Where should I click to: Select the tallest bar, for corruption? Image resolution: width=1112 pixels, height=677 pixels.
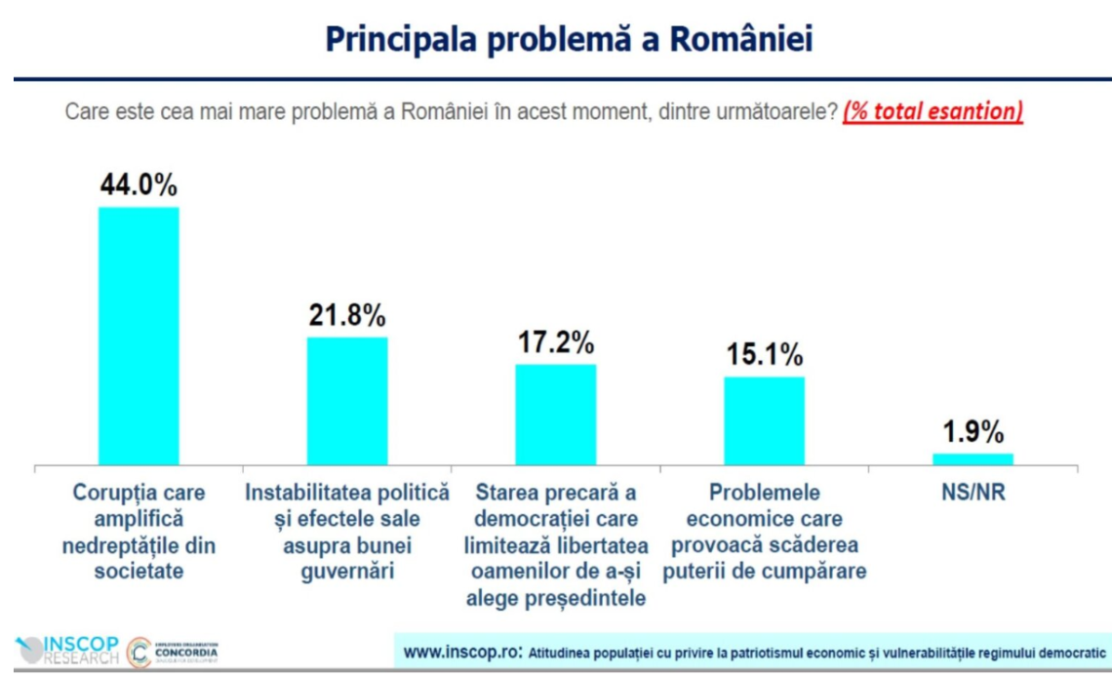[x=139, y=336]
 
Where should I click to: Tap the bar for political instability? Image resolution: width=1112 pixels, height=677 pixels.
[x=347, y=401]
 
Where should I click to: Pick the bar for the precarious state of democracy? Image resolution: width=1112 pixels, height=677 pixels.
[x=555, y=415]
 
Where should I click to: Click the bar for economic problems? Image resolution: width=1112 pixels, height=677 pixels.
[x=764, y=420]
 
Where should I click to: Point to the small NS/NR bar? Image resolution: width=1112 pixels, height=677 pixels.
[x=973, y=458]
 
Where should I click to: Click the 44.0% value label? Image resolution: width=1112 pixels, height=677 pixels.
[x=139, y=185]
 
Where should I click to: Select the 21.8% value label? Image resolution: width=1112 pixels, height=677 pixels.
[x=347, y=316]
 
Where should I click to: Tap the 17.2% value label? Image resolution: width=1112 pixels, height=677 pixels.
[x=555, y=342]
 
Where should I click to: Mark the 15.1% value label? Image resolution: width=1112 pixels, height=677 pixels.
[x=764, y=355]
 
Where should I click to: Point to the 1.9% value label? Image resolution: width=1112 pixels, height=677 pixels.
[x=973, y=432]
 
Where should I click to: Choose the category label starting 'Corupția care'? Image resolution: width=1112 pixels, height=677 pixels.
[x=139, y=533]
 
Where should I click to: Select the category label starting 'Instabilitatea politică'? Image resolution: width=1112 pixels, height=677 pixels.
[x=347, y=533]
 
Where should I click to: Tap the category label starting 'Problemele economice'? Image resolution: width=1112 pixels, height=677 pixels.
[x=765, y=533]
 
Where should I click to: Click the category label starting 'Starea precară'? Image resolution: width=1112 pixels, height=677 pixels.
[x=556, y=545]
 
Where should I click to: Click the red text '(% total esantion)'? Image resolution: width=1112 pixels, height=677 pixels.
[x=933, y=111]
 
